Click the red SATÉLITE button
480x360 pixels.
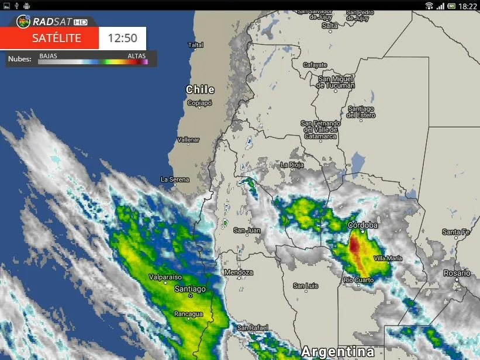click(49, 39)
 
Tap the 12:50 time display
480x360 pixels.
click(122, 39)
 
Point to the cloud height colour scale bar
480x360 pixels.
click(93, 61)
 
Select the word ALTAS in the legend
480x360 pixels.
click(137, 56)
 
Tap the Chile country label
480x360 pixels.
click(200, 89)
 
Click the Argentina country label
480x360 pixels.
click(337, 352)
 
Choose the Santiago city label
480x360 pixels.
click(190, 289)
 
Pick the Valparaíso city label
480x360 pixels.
click(165, 277)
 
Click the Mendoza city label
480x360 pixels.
click(239, 272)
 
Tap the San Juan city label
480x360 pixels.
click(247, 230)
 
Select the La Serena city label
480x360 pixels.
click(175, 179)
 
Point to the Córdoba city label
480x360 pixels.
click(362, 225)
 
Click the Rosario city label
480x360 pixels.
click(457, 273)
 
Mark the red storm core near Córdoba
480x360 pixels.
click(354, 245)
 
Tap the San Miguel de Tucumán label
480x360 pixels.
click(336, 82)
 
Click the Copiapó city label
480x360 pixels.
click(199, 103)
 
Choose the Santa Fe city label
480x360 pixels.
click(455, 232)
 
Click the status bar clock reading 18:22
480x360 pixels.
click(468, 6)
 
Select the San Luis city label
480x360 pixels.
click(306, 286)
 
